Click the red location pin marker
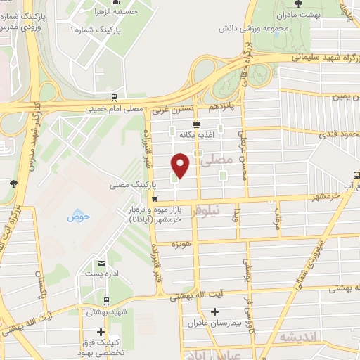(x=181, y=165)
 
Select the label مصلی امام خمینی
(x=114, y=110)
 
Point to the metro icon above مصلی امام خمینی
(x=114, y=99)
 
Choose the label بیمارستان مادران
(x=214, y=323)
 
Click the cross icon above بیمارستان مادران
(x=214, y=311)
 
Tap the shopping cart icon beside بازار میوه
(x=155, y=198)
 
